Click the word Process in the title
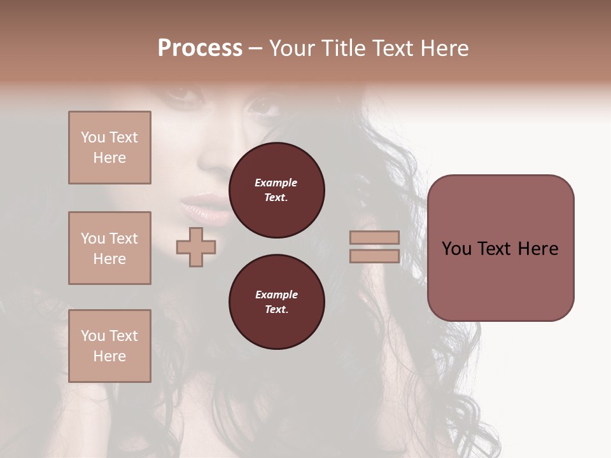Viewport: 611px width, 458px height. (x=200, y=48)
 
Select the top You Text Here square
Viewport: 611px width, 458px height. (x=109, y=148)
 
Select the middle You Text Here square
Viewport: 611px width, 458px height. (x=109, y=248)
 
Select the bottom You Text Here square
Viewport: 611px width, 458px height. (x=109, y=346)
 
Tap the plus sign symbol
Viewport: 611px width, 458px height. (x=196, y=247)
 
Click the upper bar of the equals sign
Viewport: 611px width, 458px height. (x=374, y=237)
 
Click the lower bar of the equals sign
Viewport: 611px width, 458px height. (x=374, y=256)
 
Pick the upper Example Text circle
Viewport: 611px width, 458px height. (x=277, y=190)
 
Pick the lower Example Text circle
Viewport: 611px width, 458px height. (x=277, y=302)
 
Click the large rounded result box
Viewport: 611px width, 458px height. (x=500, y=280)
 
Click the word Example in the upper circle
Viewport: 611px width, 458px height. (x=276, y=183)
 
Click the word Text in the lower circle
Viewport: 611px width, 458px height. (x=276, y=310)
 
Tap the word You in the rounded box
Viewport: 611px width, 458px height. (x=456, y=249)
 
